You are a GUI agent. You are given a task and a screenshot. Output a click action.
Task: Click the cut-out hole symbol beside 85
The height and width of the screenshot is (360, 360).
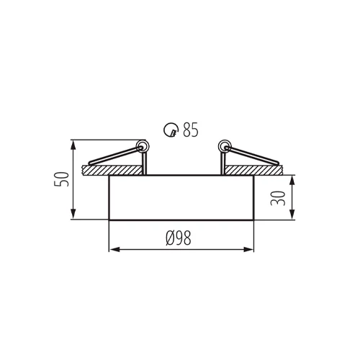170,130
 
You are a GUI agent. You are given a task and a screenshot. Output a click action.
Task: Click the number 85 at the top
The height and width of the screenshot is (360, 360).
190,130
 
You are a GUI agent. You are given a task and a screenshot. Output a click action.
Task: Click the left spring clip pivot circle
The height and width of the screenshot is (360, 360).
143,148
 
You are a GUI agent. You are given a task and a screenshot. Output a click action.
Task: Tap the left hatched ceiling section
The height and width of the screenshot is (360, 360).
112,170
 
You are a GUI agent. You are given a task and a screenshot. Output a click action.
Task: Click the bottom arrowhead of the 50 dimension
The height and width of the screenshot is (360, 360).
73,216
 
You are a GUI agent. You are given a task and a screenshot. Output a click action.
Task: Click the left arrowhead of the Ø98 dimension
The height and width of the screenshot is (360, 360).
112,251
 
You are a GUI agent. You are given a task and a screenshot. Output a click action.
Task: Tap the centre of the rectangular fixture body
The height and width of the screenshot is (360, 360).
181,197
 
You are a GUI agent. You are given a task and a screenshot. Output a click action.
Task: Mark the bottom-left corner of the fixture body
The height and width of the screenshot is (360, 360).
108,220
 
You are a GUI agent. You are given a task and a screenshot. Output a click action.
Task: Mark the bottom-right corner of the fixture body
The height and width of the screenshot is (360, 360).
255,220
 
